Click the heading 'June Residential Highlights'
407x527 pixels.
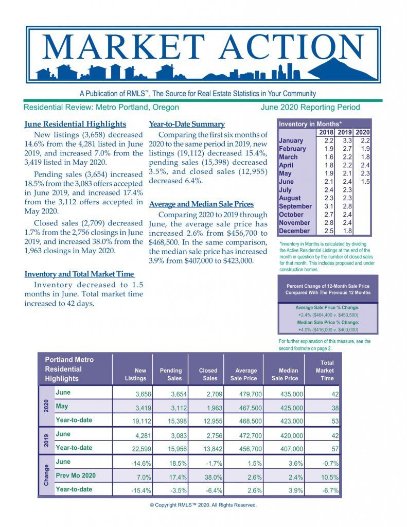coord(75,124)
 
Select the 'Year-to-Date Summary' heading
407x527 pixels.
coord(187,124)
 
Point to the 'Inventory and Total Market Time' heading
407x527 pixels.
coord(79,274)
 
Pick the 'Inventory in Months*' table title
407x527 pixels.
coord(310,124)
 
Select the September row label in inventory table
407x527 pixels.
coord(295,206)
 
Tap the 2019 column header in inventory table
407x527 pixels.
coord(345,132)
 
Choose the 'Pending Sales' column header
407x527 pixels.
coord(171,374)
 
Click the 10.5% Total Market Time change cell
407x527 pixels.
coord(328,477)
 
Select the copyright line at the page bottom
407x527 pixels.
coord(203,505)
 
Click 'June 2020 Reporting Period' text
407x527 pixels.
coord(310,108)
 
